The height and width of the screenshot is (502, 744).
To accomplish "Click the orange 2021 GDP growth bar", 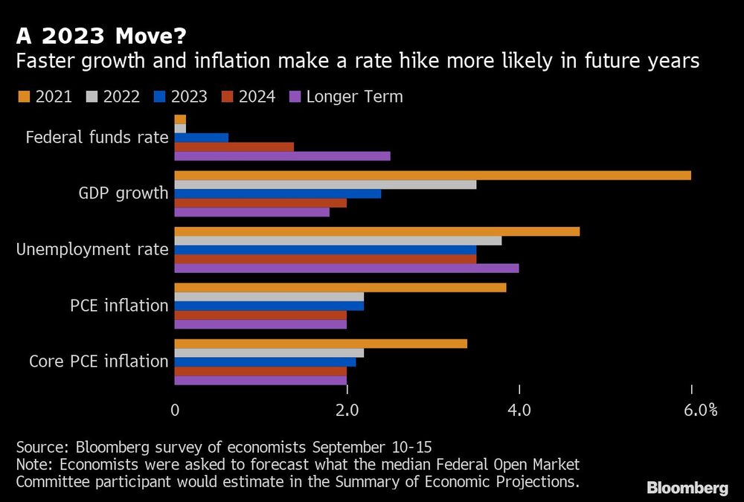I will [432, 176].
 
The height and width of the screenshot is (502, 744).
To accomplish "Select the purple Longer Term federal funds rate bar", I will [282, 156].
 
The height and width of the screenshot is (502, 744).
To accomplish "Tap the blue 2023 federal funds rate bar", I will [201, 138].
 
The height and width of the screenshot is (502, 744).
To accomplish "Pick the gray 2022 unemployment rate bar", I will [338, 241].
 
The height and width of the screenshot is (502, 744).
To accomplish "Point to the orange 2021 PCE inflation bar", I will [340, 288].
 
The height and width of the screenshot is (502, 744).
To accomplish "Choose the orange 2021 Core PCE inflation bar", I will [321, 344].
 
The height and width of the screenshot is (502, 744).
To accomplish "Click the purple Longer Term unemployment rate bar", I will [346, 268].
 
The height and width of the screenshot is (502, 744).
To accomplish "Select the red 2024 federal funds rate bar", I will [234, 147].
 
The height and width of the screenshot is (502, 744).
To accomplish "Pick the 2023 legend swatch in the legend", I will [158, 97].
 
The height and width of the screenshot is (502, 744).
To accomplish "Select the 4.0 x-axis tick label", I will [519, 410].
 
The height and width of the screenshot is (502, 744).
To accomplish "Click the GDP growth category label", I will [124, 193].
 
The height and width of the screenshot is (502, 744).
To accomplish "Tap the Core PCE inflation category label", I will [99, 361].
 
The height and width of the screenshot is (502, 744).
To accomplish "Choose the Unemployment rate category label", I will [93, 249].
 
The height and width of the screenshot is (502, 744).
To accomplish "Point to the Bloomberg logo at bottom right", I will [687, 488].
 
